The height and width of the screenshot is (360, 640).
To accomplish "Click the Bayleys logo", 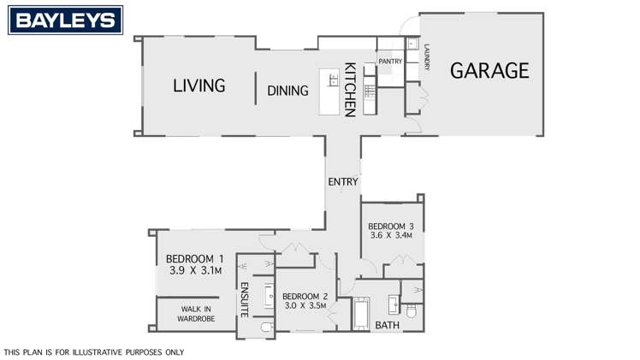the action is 65,20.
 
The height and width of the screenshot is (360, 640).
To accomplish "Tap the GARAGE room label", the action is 489,70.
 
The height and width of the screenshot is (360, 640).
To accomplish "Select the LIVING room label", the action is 199,86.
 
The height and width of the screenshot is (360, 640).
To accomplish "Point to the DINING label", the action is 287,91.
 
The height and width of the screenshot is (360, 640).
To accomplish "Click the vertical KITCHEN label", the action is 350,90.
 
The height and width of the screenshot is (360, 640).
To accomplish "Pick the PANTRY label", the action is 390,62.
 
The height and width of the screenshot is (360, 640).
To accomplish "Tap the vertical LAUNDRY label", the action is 427,57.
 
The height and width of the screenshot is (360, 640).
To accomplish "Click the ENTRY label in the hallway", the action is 343,182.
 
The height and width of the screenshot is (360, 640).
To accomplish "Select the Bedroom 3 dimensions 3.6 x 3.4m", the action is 391,235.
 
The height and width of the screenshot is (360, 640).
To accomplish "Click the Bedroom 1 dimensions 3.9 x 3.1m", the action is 195,270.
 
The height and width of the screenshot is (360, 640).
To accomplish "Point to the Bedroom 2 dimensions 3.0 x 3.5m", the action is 305,305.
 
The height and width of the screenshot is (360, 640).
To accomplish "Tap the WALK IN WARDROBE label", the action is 196,314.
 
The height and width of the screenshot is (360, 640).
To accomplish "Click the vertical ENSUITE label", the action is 245,299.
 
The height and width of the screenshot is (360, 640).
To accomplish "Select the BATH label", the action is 387,325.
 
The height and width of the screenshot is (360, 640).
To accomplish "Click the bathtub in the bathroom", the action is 361,313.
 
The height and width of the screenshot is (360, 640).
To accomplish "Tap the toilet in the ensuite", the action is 267,327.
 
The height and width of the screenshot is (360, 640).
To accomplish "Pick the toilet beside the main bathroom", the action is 412,312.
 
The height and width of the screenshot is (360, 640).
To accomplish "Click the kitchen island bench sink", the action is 334,80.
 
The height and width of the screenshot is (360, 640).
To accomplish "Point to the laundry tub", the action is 411,43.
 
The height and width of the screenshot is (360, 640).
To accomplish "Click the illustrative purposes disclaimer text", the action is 94,351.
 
